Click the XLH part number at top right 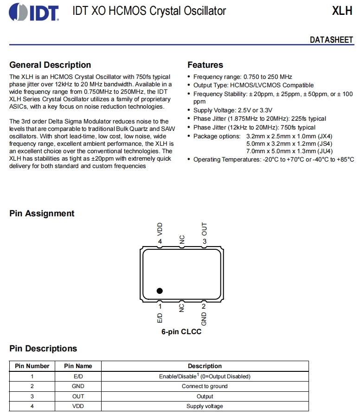coord(342,11)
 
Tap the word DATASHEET coord(331,40)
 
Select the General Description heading coord(50,65)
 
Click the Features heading coord(205,65)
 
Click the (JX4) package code coord(323,136)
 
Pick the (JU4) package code coord(323,151)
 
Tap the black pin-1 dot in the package coord(160,291)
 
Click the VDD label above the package coord(160,229)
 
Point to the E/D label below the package coord(160,318)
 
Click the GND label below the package coord(204,318)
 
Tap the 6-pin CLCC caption coord(181,332)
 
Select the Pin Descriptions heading coord(43,349)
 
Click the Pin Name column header coord(78,366)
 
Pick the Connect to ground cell coord(205,386)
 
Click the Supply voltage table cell coord(205,406)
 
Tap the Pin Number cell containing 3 coord(32,396)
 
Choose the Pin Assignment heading coord(42,214)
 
